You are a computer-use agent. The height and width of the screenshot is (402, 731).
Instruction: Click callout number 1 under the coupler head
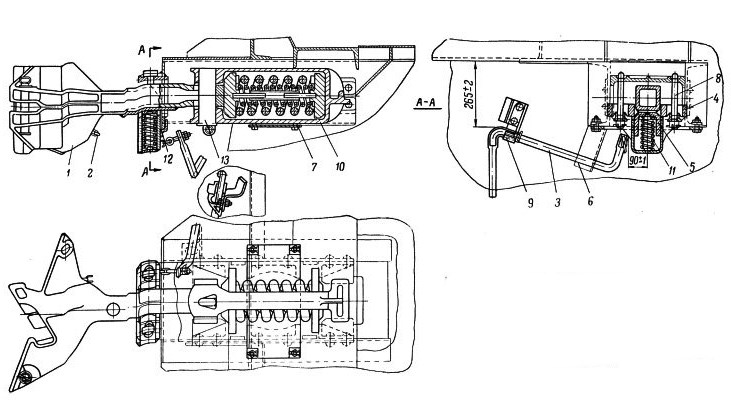click(68, 173)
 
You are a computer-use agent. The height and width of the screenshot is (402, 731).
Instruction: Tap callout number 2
click(90, 173)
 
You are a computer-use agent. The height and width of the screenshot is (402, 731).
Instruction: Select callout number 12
click(168, 159)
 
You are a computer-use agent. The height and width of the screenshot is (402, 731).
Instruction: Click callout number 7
click(315, 166)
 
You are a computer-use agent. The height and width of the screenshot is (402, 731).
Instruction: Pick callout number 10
click(340, 166)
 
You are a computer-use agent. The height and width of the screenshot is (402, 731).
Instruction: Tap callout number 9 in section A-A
click(530, 203)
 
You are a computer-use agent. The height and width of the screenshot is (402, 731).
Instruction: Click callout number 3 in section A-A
click(557, 202)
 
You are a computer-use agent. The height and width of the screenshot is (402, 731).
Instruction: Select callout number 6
click(590, 201)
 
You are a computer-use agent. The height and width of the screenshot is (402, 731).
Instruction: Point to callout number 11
click(671, 171)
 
